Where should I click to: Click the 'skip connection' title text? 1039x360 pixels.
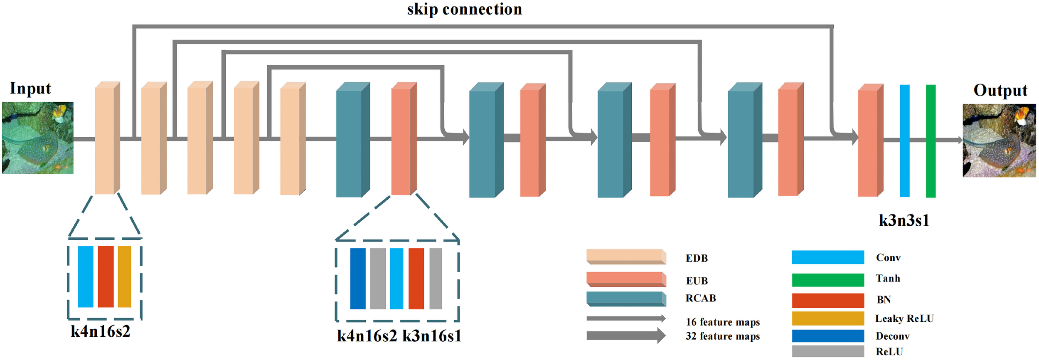[x=464, y=9]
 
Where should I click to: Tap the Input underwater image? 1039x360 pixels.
[x=38, y=138]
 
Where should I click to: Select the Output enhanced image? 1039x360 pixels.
[x=999, y=141]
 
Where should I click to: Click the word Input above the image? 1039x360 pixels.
[x=30, y=89]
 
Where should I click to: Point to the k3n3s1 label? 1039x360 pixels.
[x=904, y=220]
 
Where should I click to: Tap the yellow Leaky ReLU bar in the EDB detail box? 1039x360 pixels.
[x=124, y=276]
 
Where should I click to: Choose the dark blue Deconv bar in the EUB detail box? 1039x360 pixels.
[x=358, y=279]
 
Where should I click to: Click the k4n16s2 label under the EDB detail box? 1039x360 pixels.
[x=101, y=331]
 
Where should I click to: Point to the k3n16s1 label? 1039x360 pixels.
[x=432, y=336]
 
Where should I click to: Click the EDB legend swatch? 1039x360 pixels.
[x=625, y=256]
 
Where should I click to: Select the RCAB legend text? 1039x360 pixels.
[x=701, y=298]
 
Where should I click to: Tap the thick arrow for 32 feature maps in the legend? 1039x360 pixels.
[x=625, y=335]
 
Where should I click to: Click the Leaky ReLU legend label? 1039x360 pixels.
[x=904, y=318]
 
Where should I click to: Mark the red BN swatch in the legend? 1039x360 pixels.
[x=827, y=300]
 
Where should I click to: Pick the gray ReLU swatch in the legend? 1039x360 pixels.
[x=827, y=351]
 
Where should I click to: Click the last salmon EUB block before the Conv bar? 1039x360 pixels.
[x=870, y=141]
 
